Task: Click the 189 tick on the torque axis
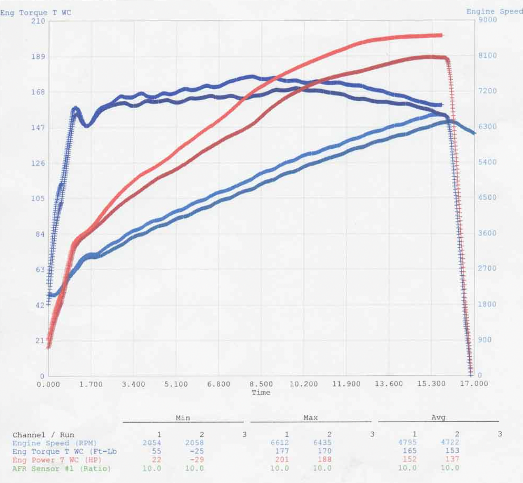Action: [x=38, y=57]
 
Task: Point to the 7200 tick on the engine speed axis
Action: [x=487, y=91]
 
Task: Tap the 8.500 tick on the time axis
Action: [x=261, y=384]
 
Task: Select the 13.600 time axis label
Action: [x=389, y=384]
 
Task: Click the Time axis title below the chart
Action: [x=261, y=393]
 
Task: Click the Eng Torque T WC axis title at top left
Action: [x=36, y=13]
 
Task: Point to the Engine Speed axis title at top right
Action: [x=494, y=12]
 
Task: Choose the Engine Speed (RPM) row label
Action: [x=55, y=443]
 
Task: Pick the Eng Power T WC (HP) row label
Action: [x=57, y=460]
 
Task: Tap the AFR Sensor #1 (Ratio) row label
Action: [x=61, y=469]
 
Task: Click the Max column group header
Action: [x=310, y=418]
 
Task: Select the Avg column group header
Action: [x=438, y=417]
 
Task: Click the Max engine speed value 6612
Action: [x=280, y=443]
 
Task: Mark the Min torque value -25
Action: [x=197, y=451]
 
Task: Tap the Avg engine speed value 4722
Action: [x=450, y=442]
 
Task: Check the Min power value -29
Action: [x=196, y=460]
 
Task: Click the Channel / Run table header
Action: [x=43, y=435]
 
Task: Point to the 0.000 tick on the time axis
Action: [x=48, y=385]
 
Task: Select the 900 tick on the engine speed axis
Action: [x=484, y=340]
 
